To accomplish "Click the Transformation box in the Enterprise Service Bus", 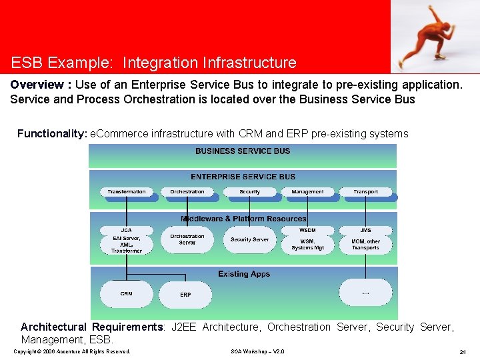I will point(127,192).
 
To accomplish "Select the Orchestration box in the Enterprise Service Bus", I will point(187,192).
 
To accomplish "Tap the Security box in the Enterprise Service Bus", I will point(249,192).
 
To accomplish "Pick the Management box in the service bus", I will point(307,192).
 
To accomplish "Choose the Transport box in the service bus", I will point(365,192).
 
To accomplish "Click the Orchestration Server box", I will point(187,240).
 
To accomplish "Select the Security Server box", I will point(249,240).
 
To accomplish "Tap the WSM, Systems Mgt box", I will point(307,245).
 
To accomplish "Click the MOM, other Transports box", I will point(365,245).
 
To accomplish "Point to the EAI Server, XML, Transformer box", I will point(127,244).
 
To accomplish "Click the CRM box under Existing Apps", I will point(127,294).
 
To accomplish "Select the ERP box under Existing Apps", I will point(185,295).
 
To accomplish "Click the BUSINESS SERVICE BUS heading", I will point(243,151).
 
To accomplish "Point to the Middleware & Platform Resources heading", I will point(243,219).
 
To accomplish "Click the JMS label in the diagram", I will point(365,230).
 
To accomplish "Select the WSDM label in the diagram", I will point(307,230).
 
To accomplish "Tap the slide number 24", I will point(462,351).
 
